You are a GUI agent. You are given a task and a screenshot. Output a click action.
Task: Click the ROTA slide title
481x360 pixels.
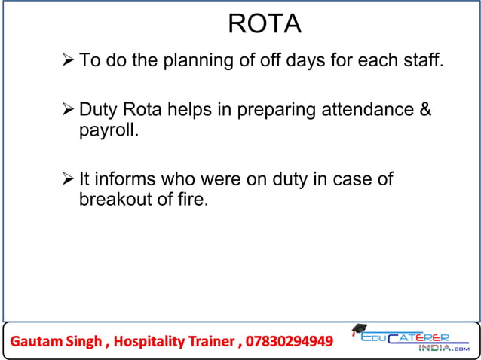[264, 24]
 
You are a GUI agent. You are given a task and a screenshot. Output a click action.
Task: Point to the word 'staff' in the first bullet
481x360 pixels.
[422, 60]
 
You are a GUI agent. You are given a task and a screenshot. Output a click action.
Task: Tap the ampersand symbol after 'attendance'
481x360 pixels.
[425, 111]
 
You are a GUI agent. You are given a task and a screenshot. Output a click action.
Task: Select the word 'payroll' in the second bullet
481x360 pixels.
[106, 131]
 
